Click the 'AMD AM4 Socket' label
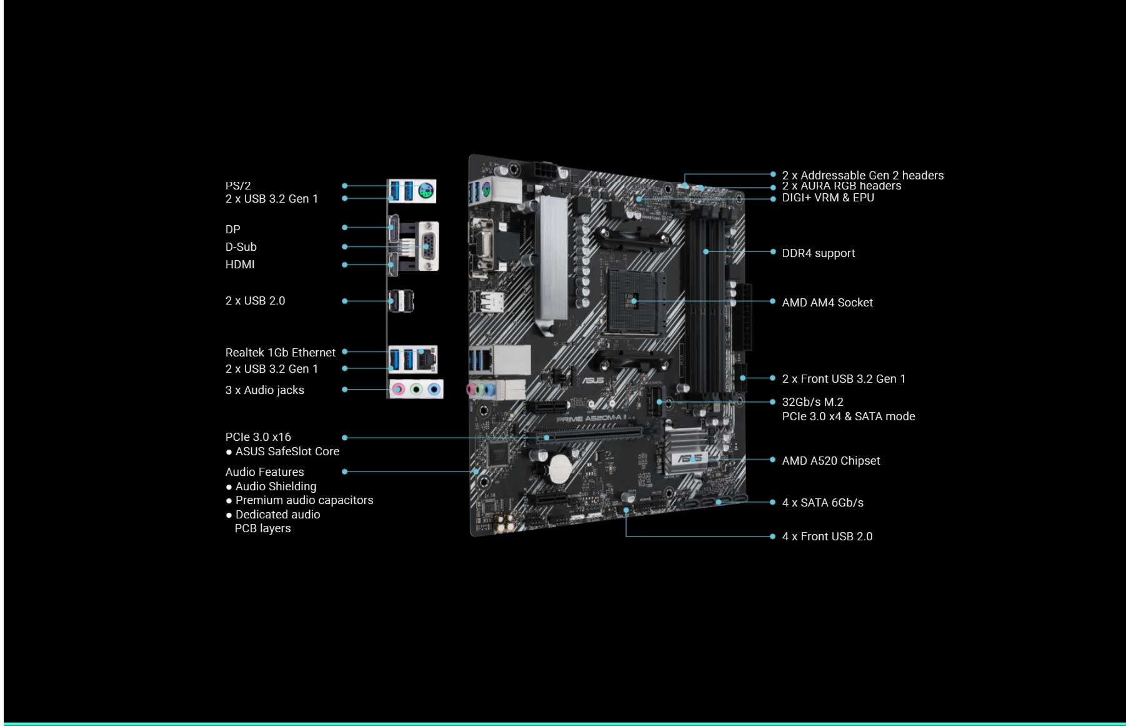click(827, 303)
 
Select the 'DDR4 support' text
click(818, 253)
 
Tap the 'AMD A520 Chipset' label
click(830, 461)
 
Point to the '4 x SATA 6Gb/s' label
click(822, 503)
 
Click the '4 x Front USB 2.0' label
click(827, 537)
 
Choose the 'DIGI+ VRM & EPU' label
click(827, 198)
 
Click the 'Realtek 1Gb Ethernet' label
click(280, 353)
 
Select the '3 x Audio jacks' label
click(264, 390)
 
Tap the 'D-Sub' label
click(241, 247)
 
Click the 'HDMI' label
click(239, 265)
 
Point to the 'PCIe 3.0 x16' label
click(257, 437)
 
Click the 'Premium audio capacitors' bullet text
click(304, 500)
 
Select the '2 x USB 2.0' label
click(255, 301)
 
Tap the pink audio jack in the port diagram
click(399, 390)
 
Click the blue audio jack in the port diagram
click(434, 390)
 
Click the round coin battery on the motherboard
click(560, 468)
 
